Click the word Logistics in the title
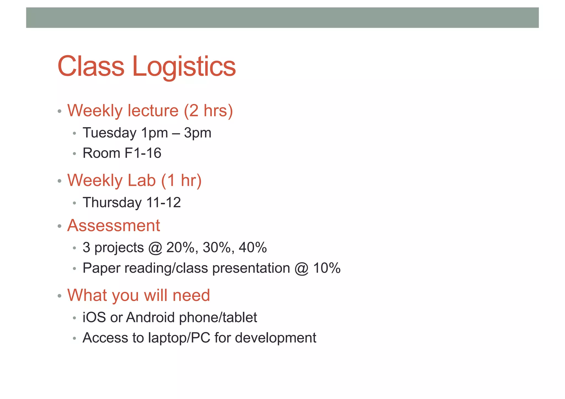click(x=184, y=67)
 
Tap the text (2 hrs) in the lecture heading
click(x=208, y=111)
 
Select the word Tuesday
click(x=110, y=133)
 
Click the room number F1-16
click(x=143, y=153)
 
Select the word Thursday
click(x=112, y=203)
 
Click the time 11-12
click(x=164, y=203)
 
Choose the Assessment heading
click(x=113, y=226)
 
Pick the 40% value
click(x=253, y=247)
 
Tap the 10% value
click(x=327, y=268)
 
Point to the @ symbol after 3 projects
click(x=155, y=248)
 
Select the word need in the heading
click(x=191, y=295)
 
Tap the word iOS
click(x=94, y=317)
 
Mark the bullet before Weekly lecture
click(x=59, y=112)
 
